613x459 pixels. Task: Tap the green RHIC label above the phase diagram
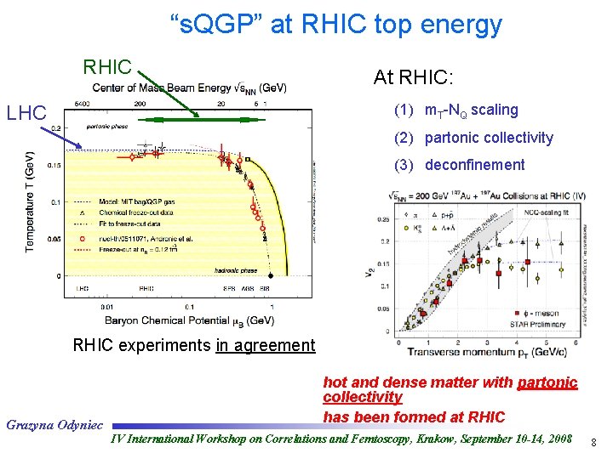click(x=107, y=66)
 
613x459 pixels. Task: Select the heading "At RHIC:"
click(x=413, y=77)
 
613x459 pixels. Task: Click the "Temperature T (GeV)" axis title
click(x=30, y=202)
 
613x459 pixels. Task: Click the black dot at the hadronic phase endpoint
click(x=271, y=276)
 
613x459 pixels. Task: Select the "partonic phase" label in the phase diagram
click(x=106, y=127)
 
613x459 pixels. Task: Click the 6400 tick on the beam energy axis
click(x=83, y=103)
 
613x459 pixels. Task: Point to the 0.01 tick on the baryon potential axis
click(x=106, y=307)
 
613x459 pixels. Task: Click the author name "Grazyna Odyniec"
click(x=54, y=422)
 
